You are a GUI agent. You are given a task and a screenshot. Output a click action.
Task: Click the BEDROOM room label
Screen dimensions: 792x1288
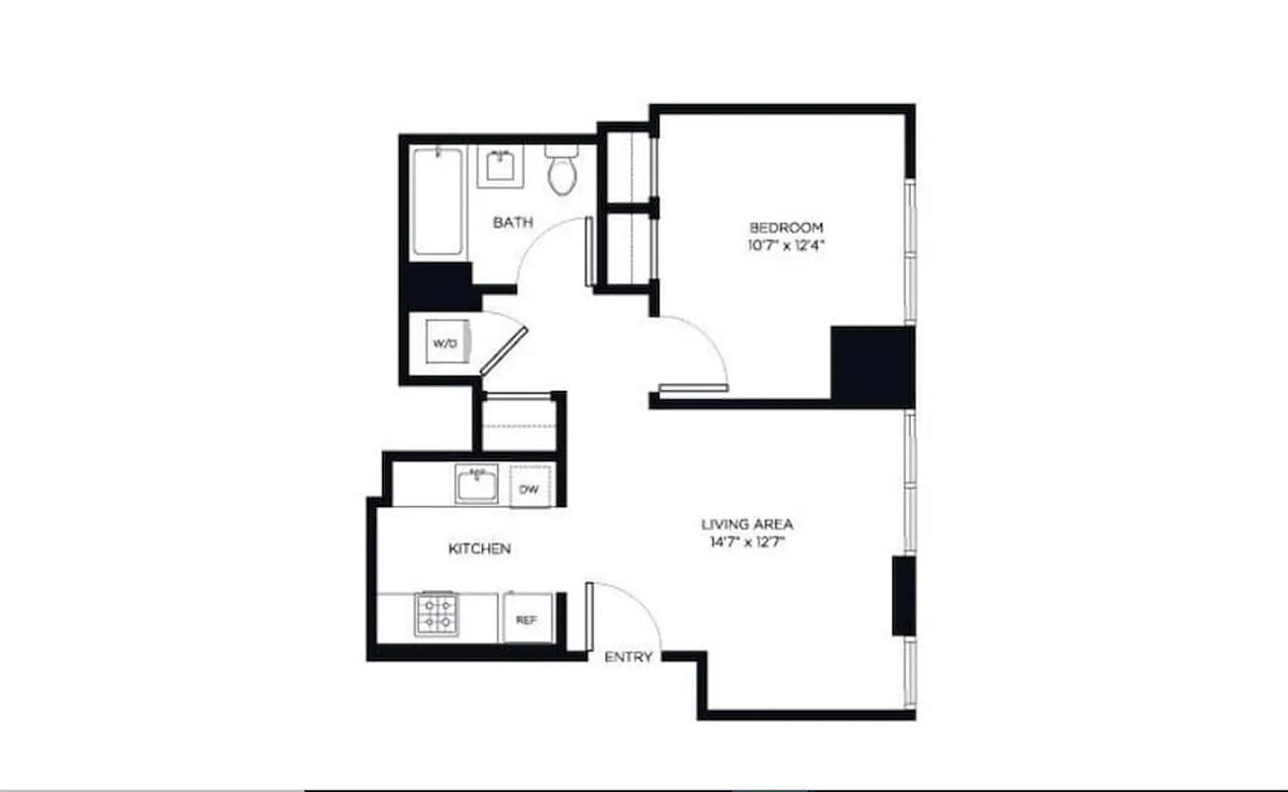click(785, 226)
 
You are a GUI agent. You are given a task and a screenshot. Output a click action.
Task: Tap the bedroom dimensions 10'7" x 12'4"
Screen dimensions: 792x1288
click(785, 246)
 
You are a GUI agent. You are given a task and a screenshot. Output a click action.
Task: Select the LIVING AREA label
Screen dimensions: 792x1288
click(747, 524)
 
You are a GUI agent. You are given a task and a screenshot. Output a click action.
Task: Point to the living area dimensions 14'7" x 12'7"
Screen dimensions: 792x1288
click(747, 543)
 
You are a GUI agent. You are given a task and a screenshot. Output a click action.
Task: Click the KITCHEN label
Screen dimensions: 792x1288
click(480, 548)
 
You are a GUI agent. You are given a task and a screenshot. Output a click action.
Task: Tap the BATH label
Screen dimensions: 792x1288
click(513, 223)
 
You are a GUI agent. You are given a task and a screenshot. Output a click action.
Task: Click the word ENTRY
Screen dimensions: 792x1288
click(628, 656)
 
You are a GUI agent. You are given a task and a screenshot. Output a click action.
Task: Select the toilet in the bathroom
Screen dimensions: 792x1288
click(562, 171)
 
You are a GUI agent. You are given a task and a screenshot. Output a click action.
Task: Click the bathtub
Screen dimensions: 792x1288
click(438, 202)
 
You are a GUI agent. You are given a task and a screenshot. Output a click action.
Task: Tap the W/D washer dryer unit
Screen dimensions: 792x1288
click(444, 344)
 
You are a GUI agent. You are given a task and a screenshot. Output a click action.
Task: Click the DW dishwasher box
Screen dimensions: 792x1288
click(529, 488)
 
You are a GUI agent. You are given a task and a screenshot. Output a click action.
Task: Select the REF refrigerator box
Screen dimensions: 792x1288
click(527, 620)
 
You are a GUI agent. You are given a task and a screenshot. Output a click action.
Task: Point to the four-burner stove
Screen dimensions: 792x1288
click(436, 614)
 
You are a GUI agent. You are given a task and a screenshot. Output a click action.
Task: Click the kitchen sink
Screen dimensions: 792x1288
click(476, 485)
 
